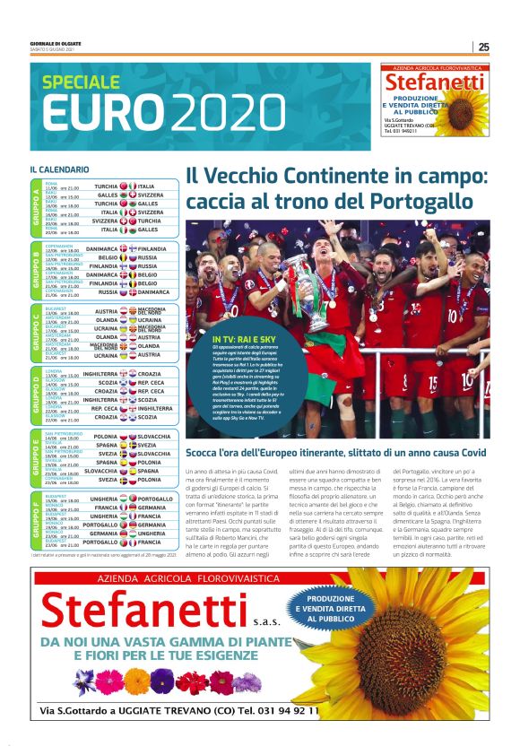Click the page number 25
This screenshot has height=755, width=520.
483,47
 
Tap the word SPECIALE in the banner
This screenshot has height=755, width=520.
81,83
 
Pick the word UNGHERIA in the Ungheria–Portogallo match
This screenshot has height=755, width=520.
101,499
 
